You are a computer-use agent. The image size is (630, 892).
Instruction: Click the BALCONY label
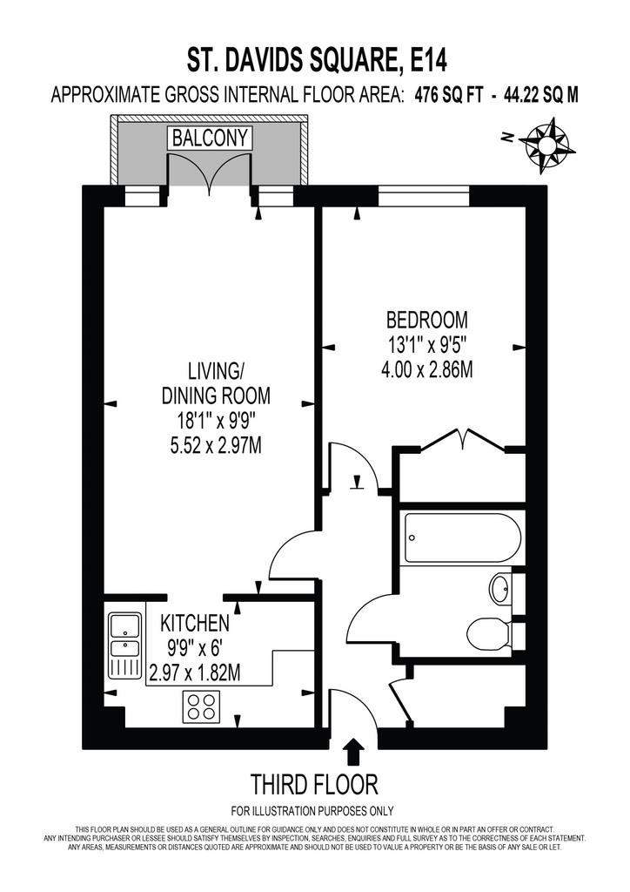(x=211, y=139)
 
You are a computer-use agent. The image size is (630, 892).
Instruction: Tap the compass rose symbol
(x=544, y=145)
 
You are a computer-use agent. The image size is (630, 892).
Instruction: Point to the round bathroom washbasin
(x=500, y=589)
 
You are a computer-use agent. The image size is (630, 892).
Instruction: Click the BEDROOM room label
(x=427, y=320)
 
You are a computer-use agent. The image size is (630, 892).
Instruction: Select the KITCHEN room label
(x=196, y=624)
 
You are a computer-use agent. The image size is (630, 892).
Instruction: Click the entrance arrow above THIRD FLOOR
(x=354, y=752)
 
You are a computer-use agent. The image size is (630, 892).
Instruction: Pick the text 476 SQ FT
(x=449, y=95)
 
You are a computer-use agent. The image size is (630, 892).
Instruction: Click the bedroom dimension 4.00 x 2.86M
(x=427, y=370)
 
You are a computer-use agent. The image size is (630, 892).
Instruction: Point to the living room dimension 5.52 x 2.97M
(x=216, y=446)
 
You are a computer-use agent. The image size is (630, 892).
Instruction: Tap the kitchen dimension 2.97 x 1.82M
(x=194, y=673)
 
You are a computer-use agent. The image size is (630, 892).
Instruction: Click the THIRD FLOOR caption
(x=314, y=785)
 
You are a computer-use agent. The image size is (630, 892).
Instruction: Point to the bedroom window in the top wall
(x=424, y=196)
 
